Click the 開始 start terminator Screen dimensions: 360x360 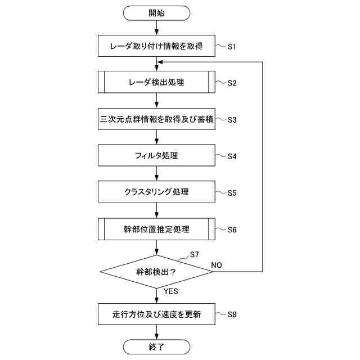[157, 12]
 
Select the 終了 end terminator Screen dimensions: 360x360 [157, 346]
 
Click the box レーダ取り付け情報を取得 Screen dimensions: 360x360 [157, 46]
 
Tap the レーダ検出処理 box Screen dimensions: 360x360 [157, 83]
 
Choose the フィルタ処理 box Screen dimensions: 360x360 [157, 155]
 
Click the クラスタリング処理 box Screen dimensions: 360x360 [157, 192]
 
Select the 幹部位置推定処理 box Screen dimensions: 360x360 [157, 229]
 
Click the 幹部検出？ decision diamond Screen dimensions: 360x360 [157, 272]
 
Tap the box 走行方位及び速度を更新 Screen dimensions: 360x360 [157, 314]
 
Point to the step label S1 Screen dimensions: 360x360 [232, 46]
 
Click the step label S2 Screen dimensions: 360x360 [232, 83]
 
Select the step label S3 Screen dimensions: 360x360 [232, 120]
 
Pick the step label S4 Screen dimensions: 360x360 [232, 156]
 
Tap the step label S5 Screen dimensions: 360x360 [232, 192]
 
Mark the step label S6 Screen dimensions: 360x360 [232, 229]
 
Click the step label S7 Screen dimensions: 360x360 [194, 254]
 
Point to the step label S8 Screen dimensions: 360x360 [232, 314]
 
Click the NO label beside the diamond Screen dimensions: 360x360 [217, 264]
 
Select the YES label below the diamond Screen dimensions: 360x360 [170, 292]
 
